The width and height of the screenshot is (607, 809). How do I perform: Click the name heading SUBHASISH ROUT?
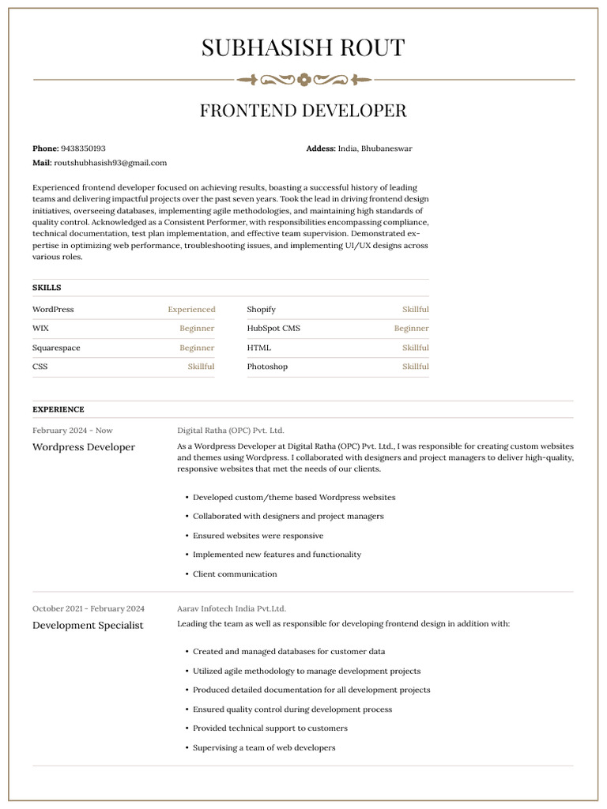303,48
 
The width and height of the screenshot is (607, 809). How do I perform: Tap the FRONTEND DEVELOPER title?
303,111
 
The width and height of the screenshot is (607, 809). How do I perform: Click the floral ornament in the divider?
303,80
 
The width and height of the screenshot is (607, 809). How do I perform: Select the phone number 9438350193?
83,149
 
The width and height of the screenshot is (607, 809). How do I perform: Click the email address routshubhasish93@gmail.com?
110,163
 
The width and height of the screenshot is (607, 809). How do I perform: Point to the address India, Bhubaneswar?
375,149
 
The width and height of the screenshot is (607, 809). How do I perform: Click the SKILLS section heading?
47,288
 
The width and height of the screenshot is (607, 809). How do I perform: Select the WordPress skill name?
53,310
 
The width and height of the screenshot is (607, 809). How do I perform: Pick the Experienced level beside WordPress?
191,310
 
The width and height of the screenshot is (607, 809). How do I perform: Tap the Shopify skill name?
261,310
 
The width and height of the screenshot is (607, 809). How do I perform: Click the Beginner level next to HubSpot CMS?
411,329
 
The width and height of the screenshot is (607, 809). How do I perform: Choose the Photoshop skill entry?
267,367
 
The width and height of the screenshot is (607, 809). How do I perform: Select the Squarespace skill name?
56,348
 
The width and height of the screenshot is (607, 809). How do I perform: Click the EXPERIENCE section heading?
58,409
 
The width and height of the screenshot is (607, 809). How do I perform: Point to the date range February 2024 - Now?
73,431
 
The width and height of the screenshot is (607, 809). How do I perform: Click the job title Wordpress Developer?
84,447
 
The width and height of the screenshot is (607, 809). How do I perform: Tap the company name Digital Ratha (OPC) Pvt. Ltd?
230,431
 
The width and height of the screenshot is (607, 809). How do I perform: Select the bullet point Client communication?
235,574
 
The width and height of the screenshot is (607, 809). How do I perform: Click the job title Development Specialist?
88,625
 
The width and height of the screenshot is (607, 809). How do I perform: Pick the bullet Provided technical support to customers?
270,728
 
